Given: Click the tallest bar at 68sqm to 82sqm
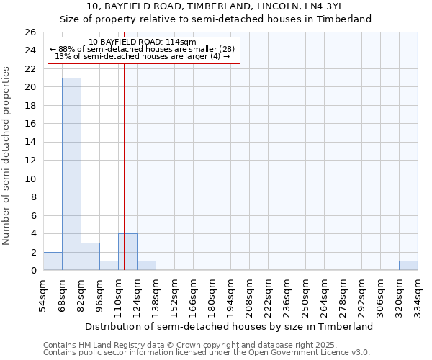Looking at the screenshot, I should pos(71,174).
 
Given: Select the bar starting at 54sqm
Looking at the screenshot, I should pos(53,261).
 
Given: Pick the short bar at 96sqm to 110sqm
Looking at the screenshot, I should pos(109,266).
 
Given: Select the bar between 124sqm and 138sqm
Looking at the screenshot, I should pos(146,266).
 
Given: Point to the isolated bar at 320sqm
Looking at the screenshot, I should pos(408,266).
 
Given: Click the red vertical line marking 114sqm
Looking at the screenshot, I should pos(124,158).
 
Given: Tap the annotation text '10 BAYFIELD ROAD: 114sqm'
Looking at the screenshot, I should pos(143,42).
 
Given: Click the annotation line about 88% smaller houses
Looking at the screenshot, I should pos(143,49).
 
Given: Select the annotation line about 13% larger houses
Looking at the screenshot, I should pos(143,56).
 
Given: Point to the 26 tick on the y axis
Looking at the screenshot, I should pos(30,32).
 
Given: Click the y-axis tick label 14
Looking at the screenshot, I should pos(30,143).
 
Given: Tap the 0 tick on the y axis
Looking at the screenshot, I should pos(32,271).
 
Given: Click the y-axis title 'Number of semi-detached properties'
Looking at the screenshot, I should pos(6,156).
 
